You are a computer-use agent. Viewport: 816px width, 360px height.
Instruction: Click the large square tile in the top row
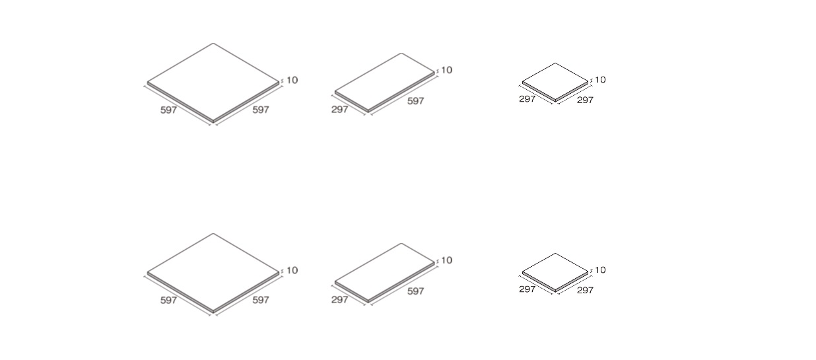213,83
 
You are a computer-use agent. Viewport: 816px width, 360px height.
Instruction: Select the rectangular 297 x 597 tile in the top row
385,83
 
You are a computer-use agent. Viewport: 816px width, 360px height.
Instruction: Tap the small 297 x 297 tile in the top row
555,82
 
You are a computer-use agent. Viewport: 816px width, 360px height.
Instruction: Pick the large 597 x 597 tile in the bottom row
213,273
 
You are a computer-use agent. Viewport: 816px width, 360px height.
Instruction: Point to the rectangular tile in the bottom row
385,273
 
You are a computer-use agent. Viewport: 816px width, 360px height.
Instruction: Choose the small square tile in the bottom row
555,272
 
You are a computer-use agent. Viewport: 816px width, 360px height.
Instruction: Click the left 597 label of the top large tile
168,110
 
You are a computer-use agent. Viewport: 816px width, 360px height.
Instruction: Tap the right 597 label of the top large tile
261,109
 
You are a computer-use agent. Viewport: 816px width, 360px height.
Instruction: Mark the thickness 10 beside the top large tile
292,80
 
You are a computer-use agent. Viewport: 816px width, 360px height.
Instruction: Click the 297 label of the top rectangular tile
339,109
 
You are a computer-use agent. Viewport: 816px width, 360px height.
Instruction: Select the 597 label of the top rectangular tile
416,100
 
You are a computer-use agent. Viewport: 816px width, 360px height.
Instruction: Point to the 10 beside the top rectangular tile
446,69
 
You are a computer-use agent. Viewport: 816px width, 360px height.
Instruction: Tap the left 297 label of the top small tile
527,98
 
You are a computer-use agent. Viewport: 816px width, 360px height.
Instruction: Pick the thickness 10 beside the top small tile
600,79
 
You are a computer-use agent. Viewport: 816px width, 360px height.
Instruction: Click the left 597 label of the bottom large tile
168,300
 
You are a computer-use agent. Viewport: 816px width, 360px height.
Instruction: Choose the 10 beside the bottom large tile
292,270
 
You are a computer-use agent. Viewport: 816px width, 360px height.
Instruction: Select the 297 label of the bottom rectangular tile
339,299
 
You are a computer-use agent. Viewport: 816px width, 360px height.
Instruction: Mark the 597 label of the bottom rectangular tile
416,291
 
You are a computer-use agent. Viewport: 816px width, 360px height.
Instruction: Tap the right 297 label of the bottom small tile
585,290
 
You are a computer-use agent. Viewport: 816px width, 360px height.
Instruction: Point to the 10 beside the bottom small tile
600,270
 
